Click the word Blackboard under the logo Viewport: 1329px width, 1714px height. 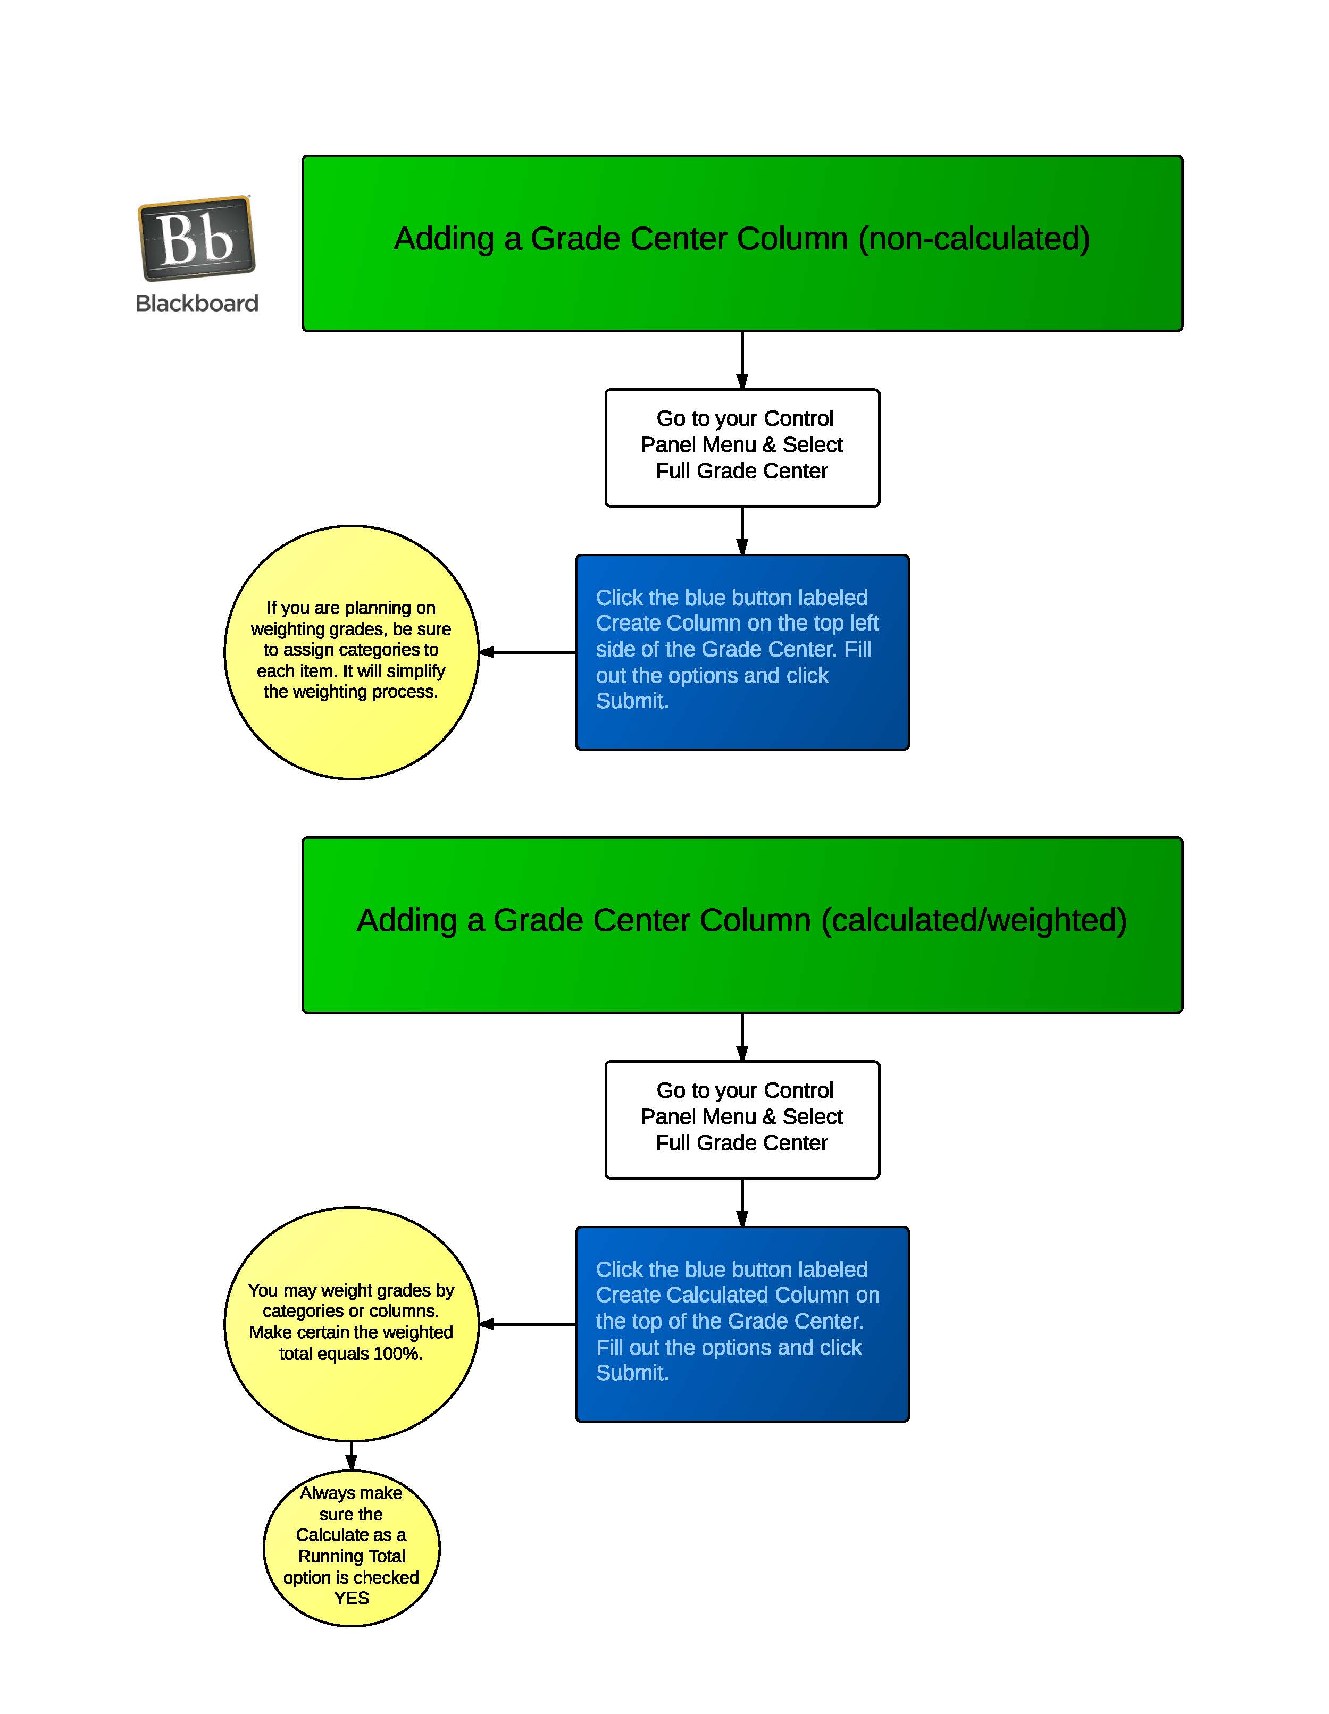click(x=196, y=304)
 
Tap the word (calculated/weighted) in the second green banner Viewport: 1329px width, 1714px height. click(x=973, y=921)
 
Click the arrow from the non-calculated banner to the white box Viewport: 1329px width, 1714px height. click(x=742, y=360)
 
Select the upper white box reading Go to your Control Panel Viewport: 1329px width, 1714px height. click(x=742, y=447)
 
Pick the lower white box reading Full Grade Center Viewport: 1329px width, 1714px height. click(x=742, y=1120)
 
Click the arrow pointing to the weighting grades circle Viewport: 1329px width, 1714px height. click(x=526, y=652)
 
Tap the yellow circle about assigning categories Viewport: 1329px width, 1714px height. click(x=351, y=652)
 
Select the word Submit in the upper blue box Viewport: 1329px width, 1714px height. click(x=631, y=701)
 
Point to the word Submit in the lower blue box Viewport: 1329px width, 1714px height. click(x=631, y=1373)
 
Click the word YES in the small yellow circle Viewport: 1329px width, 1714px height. click(x=351, y=1599)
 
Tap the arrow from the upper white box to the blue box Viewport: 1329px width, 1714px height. click(x=742, y=531)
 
